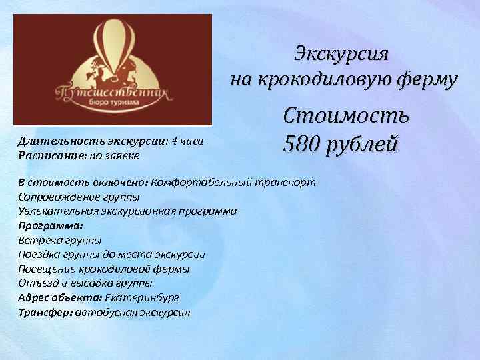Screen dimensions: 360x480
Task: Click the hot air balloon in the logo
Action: point(113,50)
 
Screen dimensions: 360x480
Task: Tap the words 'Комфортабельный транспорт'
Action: point(237,182)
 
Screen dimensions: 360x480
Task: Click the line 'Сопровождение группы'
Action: point(79,197)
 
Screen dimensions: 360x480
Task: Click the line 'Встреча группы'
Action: point(60,240)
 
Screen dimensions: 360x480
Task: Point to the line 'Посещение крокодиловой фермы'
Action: point(104,269)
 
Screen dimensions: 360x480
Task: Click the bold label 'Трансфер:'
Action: point(45,312)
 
